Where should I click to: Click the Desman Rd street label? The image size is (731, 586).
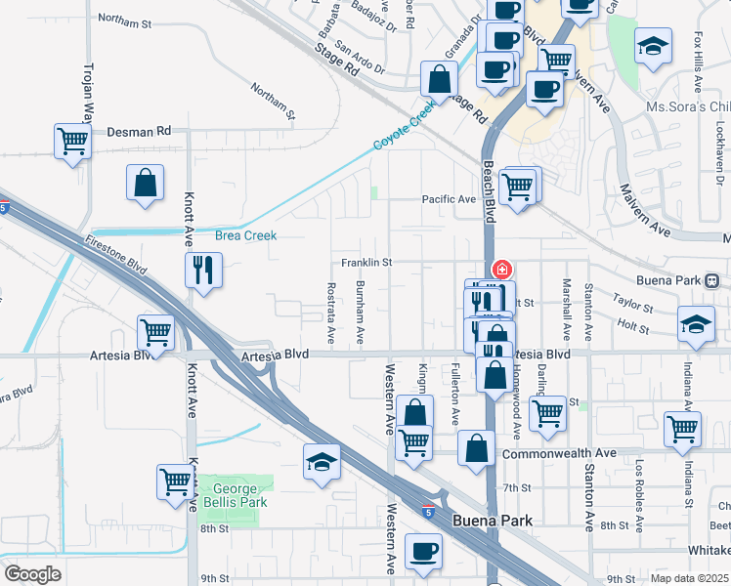[x=138, y=130]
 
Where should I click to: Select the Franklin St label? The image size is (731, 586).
[x=366, y=262]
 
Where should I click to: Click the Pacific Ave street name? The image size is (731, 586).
[x=448, y=199]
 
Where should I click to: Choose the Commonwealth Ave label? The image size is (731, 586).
[x=559, y=453]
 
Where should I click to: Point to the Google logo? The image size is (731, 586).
[x=32, y=574]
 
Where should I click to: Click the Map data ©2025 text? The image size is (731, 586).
[x=688, y=578]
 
